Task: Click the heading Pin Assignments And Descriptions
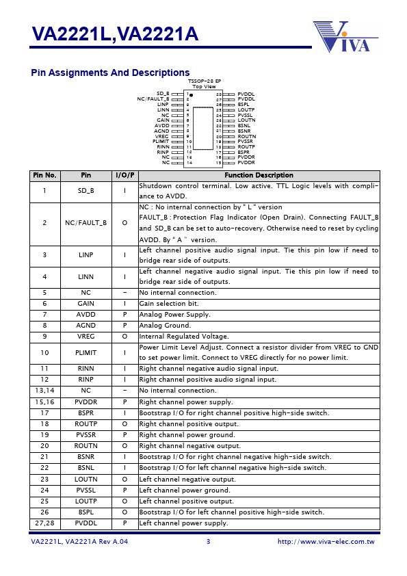click(x=110, y=73)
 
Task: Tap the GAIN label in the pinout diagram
click(x=163, y=120)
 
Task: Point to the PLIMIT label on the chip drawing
click(x=161, y=142)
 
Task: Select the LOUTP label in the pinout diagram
click(x=246, y=109)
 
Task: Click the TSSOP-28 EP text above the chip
click(x=205, y=81)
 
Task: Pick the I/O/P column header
click(x=124, y=176)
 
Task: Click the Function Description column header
click(x=259, y=176)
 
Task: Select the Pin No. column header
click(x=44, y=176)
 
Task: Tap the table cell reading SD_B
click(x=86, y=191)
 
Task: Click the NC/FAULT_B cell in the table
click(x=86, y=223)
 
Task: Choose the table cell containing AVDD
click(x=86, y=315)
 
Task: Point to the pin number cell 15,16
click(x=44, y=402)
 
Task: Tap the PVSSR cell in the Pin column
click(x=86, y=435)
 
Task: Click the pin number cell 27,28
click(x=44, y=523)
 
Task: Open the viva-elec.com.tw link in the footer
click(x=326, y=542)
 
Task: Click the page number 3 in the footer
click(x=208, y=542)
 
